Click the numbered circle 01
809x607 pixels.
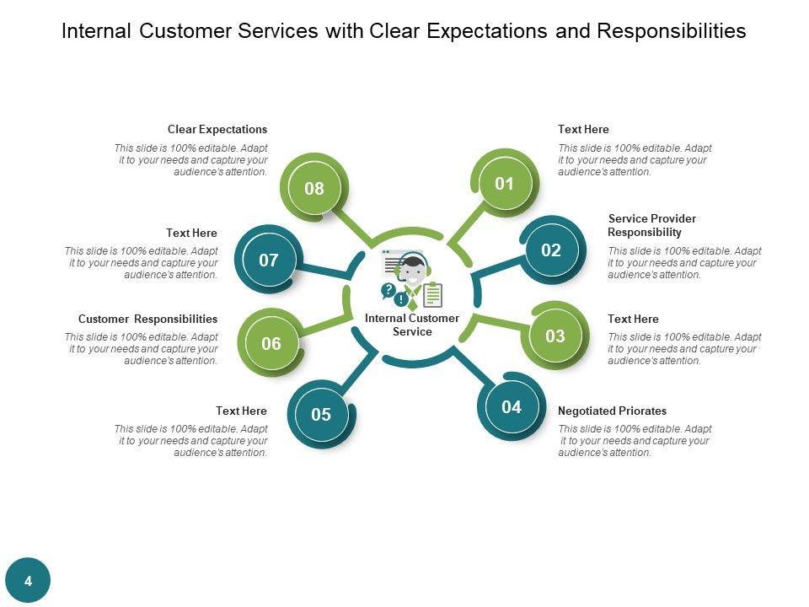click(x=504, y=184)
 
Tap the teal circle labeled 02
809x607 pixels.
click(x=551, y=250)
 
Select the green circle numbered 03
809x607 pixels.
click(x=555, y=336)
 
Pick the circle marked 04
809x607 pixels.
click(x=512, y=407)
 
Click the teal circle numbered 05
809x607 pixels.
click(x=321, y=415)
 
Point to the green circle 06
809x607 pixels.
click(x=271, y=343)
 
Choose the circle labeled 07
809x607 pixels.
click(x=268, y=260)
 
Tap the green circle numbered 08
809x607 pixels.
click(x=314, y=188)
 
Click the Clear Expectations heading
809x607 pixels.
click(x=217, y=130)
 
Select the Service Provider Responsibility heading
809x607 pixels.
click(x=651, y=226)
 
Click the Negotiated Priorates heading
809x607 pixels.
click(x=612, y=411)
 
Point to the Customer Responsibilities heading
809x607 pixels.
click(x=147, y=319)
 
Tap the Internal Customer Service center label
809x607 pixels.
click(x=412, y=325)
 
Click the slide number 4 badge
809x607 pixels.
click(x=28, y=580)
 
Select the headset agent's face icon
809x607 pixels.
click(x=412, y=270)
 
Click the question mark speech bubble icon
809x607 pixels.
click(x=388, y=290)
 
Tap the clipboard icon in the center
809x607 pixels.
click(x=433, y=295)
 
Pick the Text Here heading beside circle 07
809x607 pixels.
click(x=191, y=234)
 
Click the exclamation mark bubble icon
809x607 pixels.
click(x=401, y=298)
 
